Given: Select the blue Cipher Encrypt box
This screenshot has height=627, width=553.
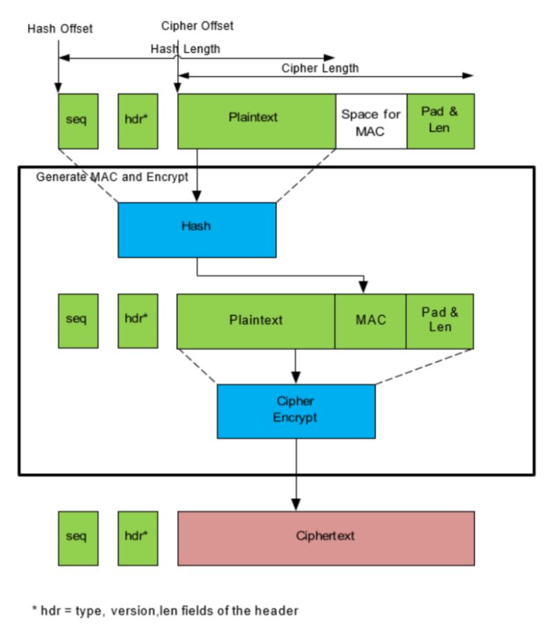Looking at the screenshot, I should (296, 411).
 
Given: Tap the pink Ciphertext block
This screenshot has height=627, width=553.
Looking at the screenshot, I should (326, 539).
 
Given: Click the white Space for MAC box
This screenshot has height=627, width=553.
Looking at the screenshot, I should (371, 121).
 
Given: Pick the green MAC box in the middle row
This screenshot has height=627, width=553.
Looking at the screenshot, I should (370, 321).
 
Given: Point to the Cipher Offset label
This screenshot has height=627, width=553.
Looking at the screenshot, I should (197, 26).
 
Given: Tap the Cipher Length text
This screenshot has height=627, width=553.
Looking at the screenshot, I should (320, 68).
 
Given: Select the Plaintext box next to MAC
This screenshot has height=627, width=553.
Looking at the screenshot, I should (256, 321).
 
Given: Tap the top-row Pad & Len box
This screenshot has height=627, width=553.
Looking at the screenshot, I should (440, 121).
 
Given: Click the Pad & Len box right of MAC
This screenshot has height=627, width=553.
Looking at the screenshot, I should (439, 321).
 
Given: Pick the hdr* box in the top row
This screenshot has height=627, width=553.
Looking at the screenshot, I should (138, 121).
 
